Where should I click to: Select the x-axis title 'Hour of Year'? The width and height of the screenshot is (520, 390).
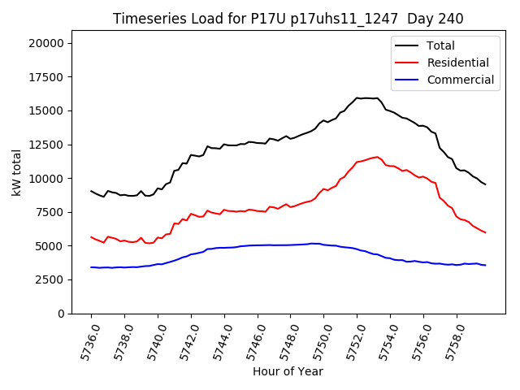[288, 371]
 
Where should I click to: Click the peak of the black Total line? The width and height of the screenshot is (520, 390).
[357, 97]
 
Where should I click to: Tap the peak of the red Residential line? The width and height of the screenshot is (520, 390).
[377, 157]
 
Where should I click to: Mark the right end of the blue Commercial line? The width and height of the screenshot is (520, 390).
[485, 265]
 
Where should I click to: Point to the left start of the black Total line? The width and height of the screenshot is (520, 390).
[92, 191]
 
